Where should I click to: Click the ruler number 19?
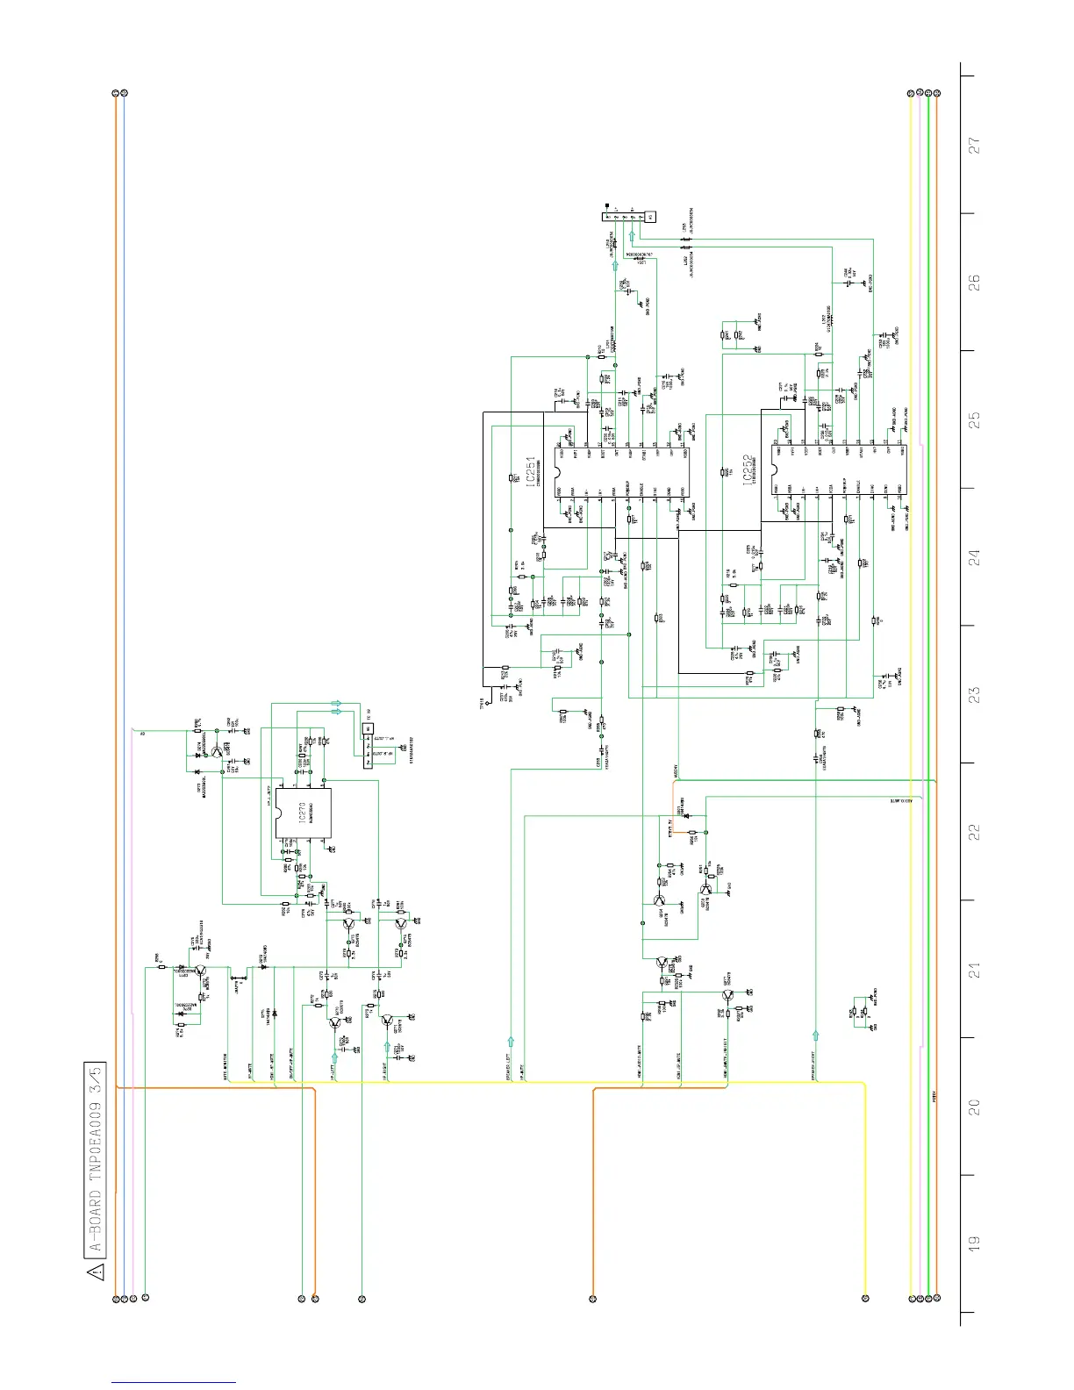point(974,1243)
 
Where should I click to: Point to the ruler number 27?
point(974,145)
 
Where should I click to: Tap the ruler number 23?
point(974,694)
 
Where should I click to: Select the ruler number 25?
point(974,419)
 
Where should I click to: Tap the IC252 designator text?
point(748,470)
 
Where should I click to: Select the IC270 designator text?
point(301,813)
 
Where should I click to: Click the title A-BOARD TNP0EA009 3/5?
point(96,1157)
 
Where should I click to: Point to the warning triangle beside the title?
point(96,1272)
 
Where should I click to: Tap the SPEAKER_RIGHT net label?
point(815,1064)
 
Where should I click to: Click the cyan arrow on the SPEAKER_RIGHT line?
point(816,1036)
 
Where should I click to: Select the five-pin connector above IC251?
point(628,216)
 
